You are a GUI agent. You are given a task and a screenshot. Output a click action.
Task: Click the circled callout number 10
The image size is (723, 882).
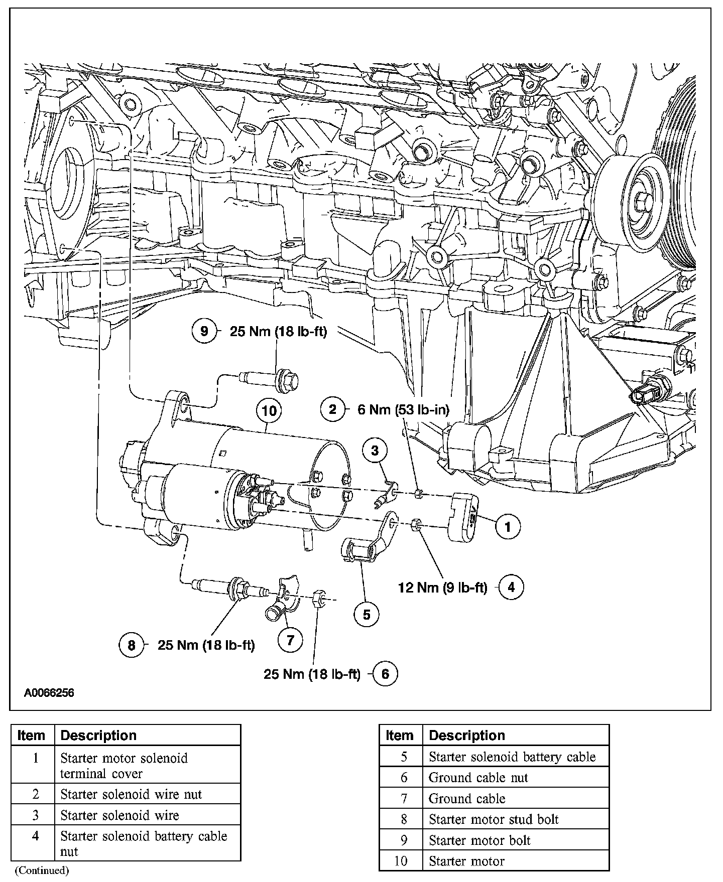(269, 411)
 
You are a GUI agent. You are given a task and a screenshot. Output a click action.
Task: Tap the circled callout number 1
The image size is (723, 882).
(508, 526)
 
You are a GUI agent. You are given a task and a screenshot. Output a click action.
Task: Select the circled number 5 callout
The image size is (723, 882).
(366, 614)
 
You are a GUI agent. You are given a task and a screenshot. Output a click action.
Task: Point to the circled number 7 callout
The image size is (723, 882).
(290, 640)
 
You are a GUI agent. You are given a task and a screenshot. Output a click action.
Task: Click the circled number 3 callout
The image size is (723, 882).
(375, 451)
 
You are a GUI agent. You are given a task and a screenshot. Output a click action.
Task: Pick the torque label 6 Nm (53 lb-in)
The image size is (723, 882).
(403, 410)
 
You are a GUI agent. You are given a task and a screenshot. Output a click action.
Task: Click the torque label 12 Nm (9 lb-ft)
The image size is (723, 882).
(442, 587)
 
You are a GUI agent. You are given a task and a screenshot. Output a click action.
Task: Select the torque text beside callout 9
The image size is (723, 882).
(278, 332)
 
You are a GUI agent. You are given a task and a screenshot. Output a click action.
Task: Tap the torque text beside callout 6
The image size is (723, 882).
(312, 674)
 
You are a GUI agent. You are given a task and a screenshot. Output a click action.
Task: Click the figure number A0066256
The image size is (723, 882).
(49, 693)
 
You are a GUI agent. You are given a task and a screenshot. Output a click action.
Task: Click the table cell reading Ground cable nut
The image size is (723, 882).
(478, 778)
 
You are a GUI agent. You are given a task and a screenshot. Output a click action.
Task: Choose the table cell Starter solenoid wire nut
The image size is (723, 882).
(131, 794)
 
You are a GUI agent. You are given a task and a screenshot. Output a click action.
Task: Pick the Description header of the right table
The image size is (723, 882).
(467, 736)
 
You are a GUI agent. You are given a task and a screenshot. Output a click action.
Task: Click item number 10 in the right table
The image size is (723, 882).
(401, 861)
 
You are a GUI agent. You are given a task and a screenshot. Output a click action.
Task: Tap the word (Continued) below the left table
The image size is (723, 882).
(42, 870)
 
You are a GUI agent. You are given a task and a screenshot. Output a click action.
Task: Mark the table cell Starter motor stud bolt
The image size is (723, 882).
(494, 819)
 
